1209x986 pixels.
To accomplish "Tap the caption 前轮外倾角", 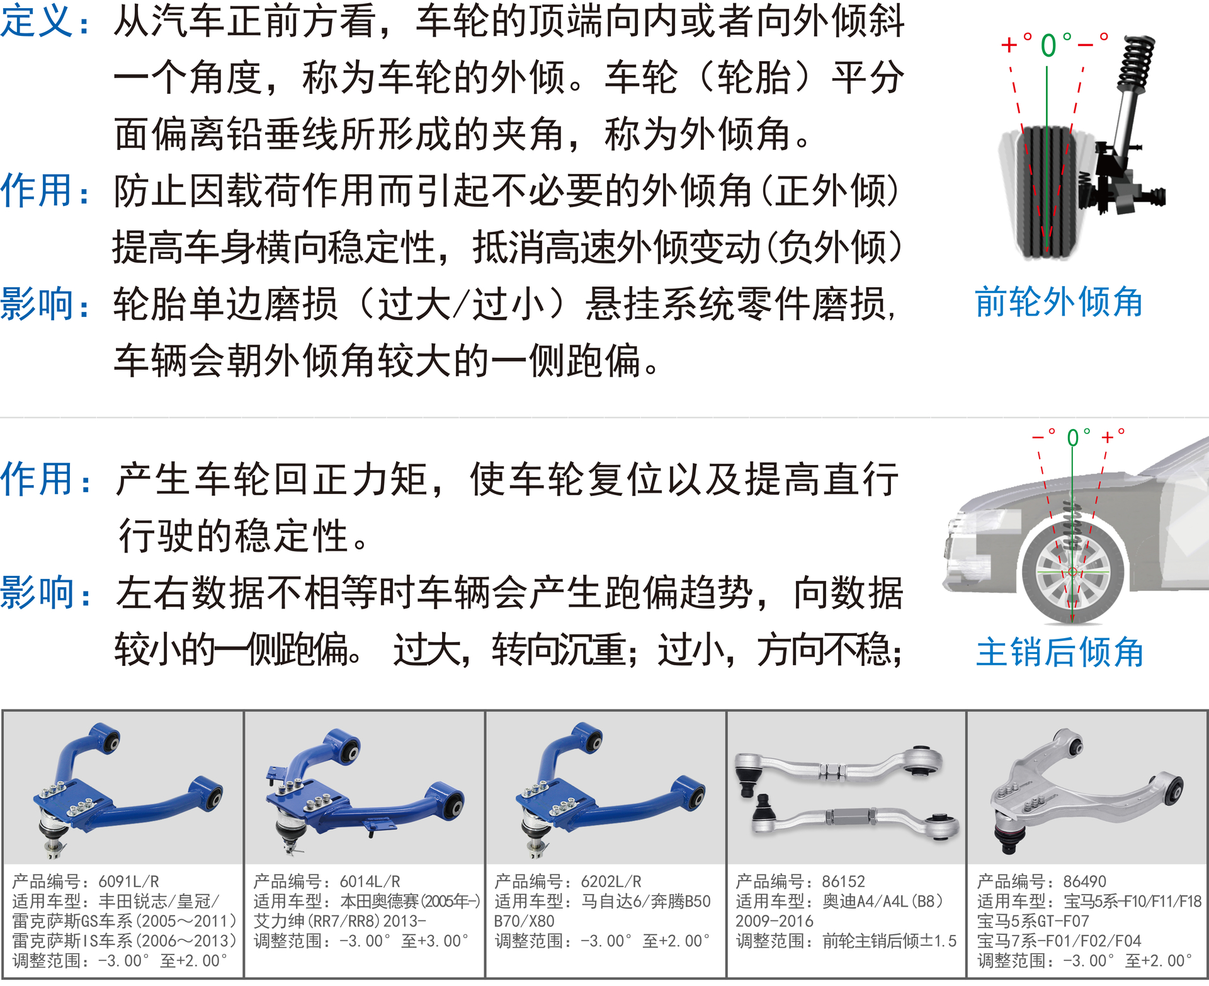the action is point(1059,302).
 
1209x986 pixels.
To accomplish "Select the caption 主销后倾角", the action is point(1060,651).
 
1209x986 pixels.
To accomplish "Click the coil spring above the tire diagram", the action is point(1137,64).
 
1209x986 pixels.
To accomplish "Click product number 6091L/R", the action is point(128,881).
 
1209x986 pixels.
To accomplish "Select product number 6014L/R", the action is point(370,881).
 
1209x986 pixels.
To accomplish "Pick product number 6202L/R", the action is point(611,881).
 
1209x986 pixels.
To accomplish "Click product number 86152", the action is point(843,881).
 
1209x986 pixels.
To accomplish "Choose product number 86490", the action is point(1084,881).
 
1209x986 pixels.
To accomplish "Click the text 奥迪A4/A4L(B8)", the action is point(883,902).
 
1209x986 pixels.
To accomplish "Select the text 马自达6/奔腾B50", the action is point(645,902).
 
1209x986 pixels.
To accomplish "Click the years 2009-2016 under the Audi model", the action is point(774,921).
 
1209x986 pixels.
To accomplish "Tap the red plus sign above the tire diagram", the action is point(1009,45).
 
